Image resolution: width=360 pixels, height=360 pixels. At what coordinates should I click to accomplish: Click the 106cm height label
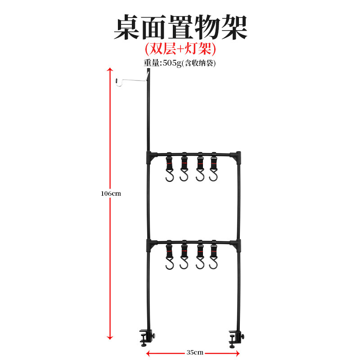point(111,193)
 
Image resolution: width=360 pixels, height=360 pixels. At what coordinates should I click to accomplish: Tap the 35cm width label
point(195,352)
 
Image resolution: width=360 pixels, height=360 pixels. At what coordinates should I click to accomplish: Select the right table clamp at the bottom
point(236,339)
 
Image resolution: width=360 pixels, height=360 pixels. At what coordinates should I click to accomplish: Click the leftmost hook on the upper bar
point(170,167)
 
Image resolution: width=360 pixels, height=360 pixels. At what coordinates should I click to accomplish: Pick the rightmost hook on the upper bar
point(213,167)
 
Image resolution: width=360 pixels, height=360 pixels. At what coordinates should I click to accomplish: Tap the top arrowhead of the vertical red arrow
point(110,69)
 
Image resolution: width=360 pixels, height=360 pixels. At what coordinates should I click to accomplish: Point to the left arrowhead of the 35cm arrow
point(148,353)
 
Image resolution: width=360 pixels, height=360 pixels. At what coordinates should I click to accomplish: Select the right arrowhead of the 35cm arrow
point(238,353)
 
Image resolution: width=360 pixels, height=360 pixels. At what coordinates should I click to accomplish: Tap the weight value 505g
point(172,63)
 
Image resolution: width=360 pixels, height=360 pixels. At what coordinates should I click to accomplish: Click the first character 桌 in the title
point(126,27)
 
